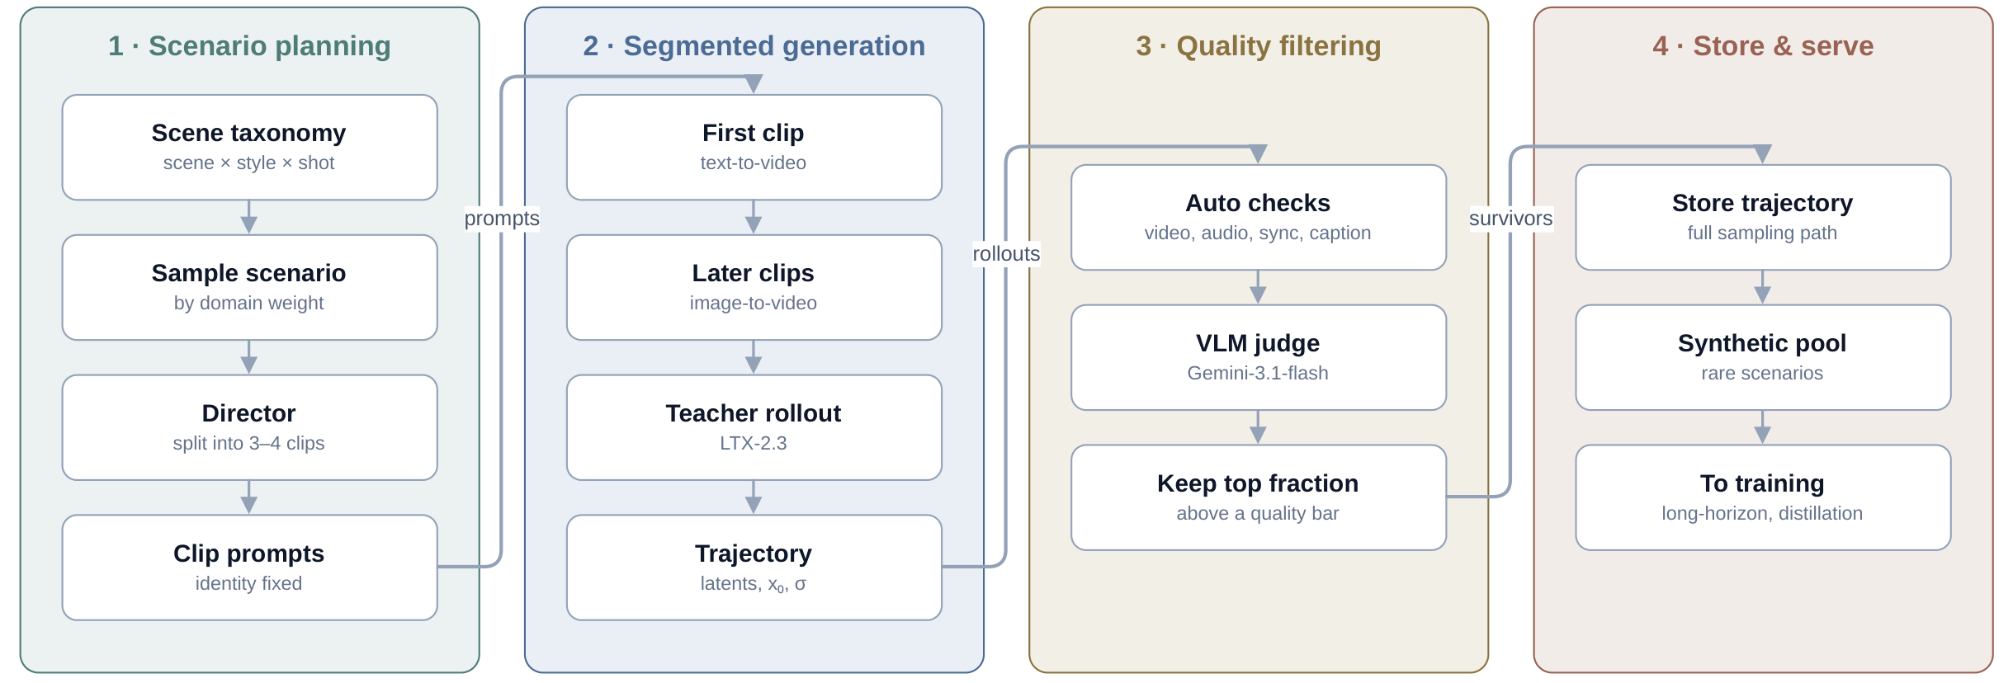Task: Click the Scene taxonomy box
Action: tap(249, 148)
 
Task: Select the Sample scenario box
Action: tap(249, 288)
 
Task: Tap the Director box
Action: tap(249, 428)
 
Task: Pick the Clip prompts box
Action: tap(249, 568)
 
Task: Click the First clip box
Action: tap(754, 148)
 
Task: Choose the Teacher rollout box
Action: tap(754, 428)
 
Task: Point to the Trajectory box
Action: tap(754, 568)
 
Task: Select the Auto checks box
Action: tap(1258, 218)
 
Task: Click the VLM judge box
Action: tap(1258, 358)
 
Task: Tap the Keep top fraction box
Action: tap(1258, 497)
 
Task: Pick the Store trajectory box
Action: tap(1763, 218)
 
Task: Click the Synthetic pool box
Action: tap(1763, 358)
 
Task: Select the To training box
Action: tap(1763, 497)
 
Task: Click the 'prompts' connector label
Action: tap(502, 219)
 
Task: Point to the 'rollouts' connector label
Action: tap(1006, 254)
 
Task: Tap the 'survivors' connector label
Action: tap(1510, 219)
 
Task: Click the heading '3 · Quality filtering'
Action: tap(1259, 46)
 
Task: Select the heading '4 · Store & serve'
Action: tap(1763, 46)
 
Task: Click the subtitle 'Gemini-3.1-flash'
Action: tap(1258, 373)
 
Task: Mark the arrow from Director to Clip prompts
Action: tap(249, 497)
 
